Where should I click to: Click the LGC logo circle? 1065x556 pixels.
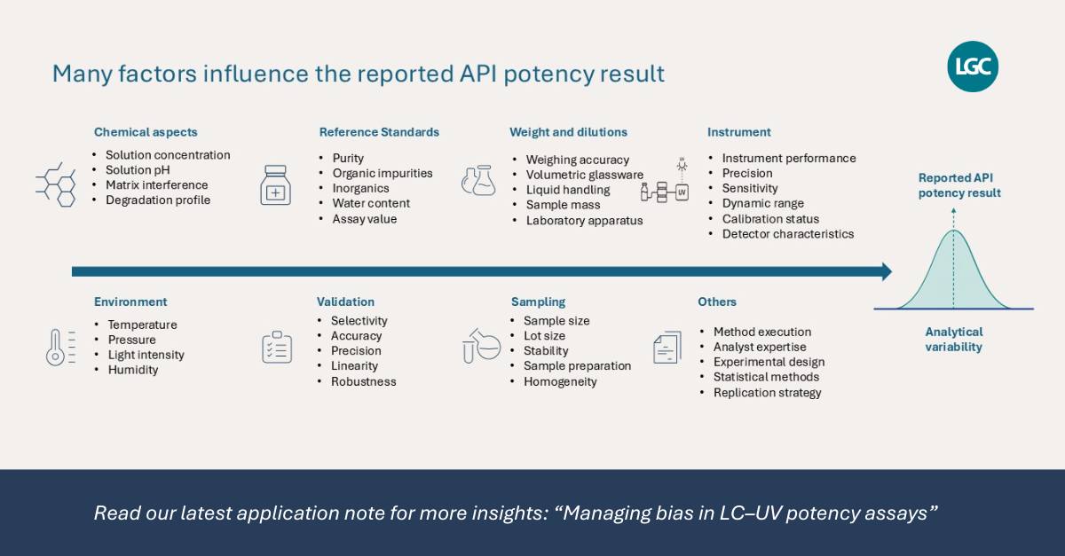pyautogui.click(x=973, y=67)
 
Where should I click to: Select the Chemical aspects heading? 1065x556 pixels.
pyautogui.click(x=146, y=132)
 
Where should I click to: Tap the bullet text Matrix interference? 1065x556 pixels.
pyautogui.click(x=157, y=184)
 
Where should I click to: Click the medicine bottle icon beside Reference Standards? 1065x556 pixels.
pyautogui.click(x=276, y=185)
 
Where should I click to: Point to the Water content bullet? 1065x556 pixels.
pyautogui.click(x=371, y=203)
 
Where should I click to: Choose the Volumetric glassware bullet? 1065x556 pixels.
pyautogui.click(x=584, y=175)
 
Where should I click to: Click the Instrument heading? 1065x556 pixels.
pyautogui.click(x=738, y=132)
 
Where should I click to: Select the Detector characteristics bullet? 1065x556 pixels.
pyautogui.click(x=788, y=234)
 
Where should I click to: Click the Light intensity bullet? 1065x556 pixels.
pyautogui.click(x=146, y=355)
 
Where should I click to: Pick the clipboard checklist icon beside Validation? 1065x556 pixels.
pyautogui.click(x=277, y=348)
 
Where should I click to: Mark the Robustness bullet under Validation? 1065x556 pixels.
pyautogui.click(x=363, y=381)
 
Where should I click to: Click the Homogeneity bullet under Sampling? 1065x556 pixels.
pyautogui.click(x=560, y=381)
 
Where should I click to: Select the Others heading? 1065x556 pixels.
pyautogui.click(x=717, y=301)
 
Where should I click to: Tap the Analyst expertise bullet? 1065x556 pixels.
pyautogui.click(x=760, y=347)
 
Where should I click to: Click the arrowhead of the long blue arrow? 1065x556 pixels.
pyautogui.click(x=887, y=272)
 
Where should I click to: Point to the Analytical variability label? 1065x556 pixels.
pyautogui.click(x=954, y=340)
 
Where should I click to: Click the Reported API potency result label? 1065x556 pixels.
pyautogui.click(x=959, y=185)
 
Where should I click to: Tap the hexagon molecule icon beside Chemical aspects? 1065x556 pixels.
pyautogui.click(x=56, y=184)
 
